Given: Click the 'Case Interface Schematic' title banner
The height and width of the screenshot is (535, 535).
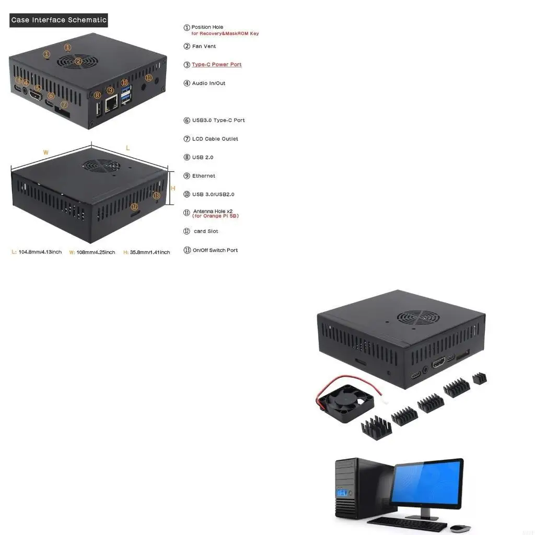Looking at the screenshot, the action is [59, 20].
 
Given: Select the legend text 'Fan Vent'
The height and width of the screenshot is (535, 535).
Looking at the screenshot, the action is [204, 46].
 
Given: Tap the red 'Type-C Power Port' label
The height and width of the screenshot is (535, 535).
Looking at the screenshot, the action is [216, 65].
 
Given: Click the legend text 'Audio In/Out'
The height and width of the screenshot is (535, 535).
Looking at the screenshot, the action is [208, 83].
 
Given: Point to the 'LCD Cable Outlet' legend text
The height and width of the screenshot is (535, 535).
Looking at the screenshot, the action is [215, 139].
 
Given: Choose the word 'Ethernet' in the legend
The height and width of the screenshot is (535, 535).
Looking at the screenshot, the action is [203, 176].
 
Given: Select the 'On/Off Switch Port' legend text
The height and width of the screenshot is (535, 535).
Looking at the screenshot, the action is [215, 250].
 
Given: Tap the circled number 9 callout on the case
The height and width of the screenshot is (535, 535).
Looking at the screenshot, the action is [110, 90].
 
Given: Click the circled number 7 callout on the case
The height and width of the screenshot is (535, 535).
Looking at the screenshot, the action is [64, 104].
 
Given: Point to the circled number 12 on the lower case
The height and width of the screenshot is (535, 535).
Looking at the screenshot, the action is [134, 206].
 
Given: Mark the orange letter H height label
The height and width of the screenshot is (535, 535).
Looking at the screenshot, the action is [173, 188].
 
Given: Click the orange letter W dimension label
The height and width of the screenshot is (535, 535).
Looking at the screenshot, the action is [46, 153].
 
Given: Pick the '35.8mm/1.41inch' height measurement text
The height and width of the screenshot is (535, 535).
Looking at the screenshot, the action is [149, 252].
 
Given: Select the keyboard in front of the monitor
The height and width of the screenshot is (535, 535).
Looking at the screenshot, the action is [407, 523].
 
